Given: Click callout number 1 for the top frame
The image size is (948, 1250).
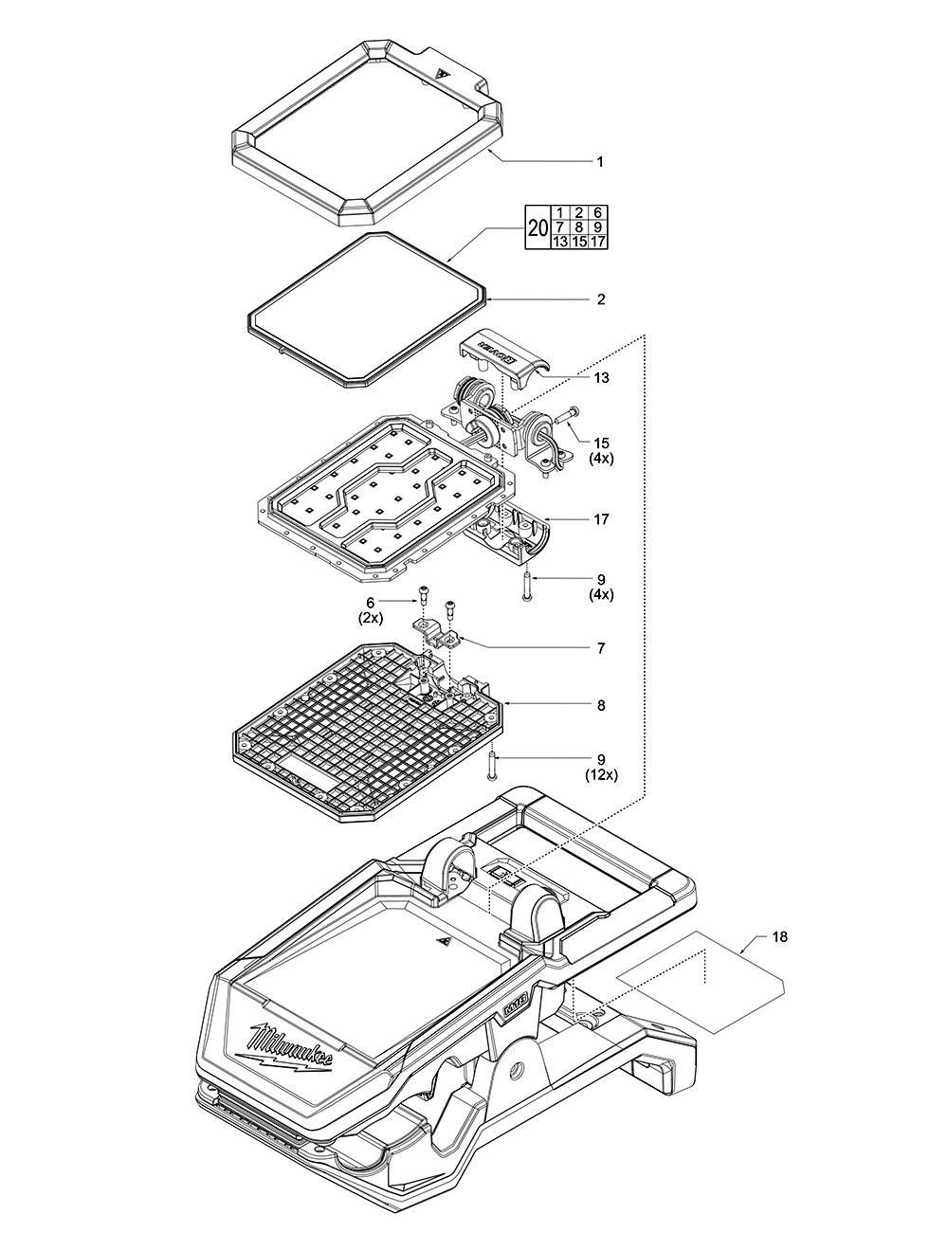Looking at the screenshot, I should coord(599,162).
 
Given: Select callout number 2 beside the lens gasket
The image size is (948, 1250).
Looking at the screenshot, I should coord(599,299).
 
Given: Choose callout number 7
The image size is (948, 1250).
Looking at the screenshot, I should coord(599,649).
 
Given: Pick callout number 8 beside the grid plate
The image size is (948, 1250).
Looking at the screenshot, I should coord(599,706).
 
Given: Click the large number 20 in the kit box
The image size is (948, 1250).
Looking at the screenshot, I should coord(538,227).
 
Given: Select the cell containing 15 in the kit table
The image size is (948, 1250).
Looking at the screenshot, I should coord(578,242).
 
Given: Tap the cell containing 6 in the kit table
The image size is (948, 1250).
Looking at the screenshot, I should coord(598,212).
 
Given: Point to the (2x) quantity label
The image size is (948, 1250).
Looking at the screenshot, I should coord(371,617).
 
